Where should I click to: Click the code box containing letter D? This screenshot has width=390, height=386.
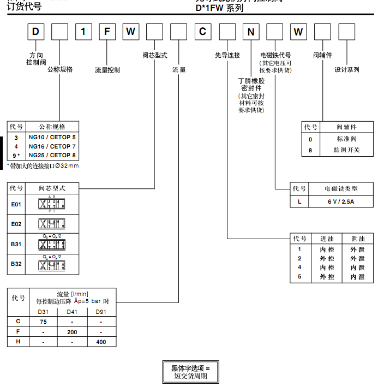(x=35, y=32)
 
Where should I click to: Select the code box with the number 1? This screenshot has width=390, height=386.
(x=83, y=32)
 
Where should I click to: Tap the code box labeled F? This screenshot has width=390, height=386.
(x=107, y=32)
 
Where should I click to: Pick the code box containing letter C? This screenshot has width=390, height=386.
(x=202, y=32)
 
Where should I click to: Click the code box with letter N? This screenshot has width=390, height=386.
(x=250, y=32)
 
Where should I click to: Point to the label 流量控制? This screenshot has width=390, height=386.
(x=107, y=70)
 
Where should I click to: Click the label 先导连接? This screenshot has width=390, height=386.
(x=227, y=55)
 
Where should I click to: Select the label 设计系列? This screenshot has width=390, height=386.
(x=347, y=70)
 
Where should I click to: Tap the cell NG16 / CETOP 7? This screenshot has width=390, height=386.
(x=53, y=146)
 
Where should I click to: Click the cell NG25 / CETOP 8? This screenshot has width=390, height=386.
(x=53, y=155)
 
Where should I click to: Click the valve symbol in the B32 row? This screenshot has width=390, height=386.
(x=53, y=265)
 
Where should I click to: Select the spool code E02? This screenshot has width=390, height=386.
(x=16, y=224)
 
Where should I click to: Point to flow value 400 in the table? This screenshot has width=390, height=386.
(x=101, y=342)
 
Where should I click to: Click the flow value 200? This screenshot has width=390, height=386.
(x=72, y=331)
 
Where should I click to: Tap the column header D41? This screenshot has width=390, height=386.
(x=72, y=312)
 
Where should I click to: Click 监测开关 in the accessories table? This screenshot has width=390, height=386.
(x=347, y=150)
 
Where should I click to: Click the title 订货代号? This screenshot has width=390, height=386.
(x=24, y=8)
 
